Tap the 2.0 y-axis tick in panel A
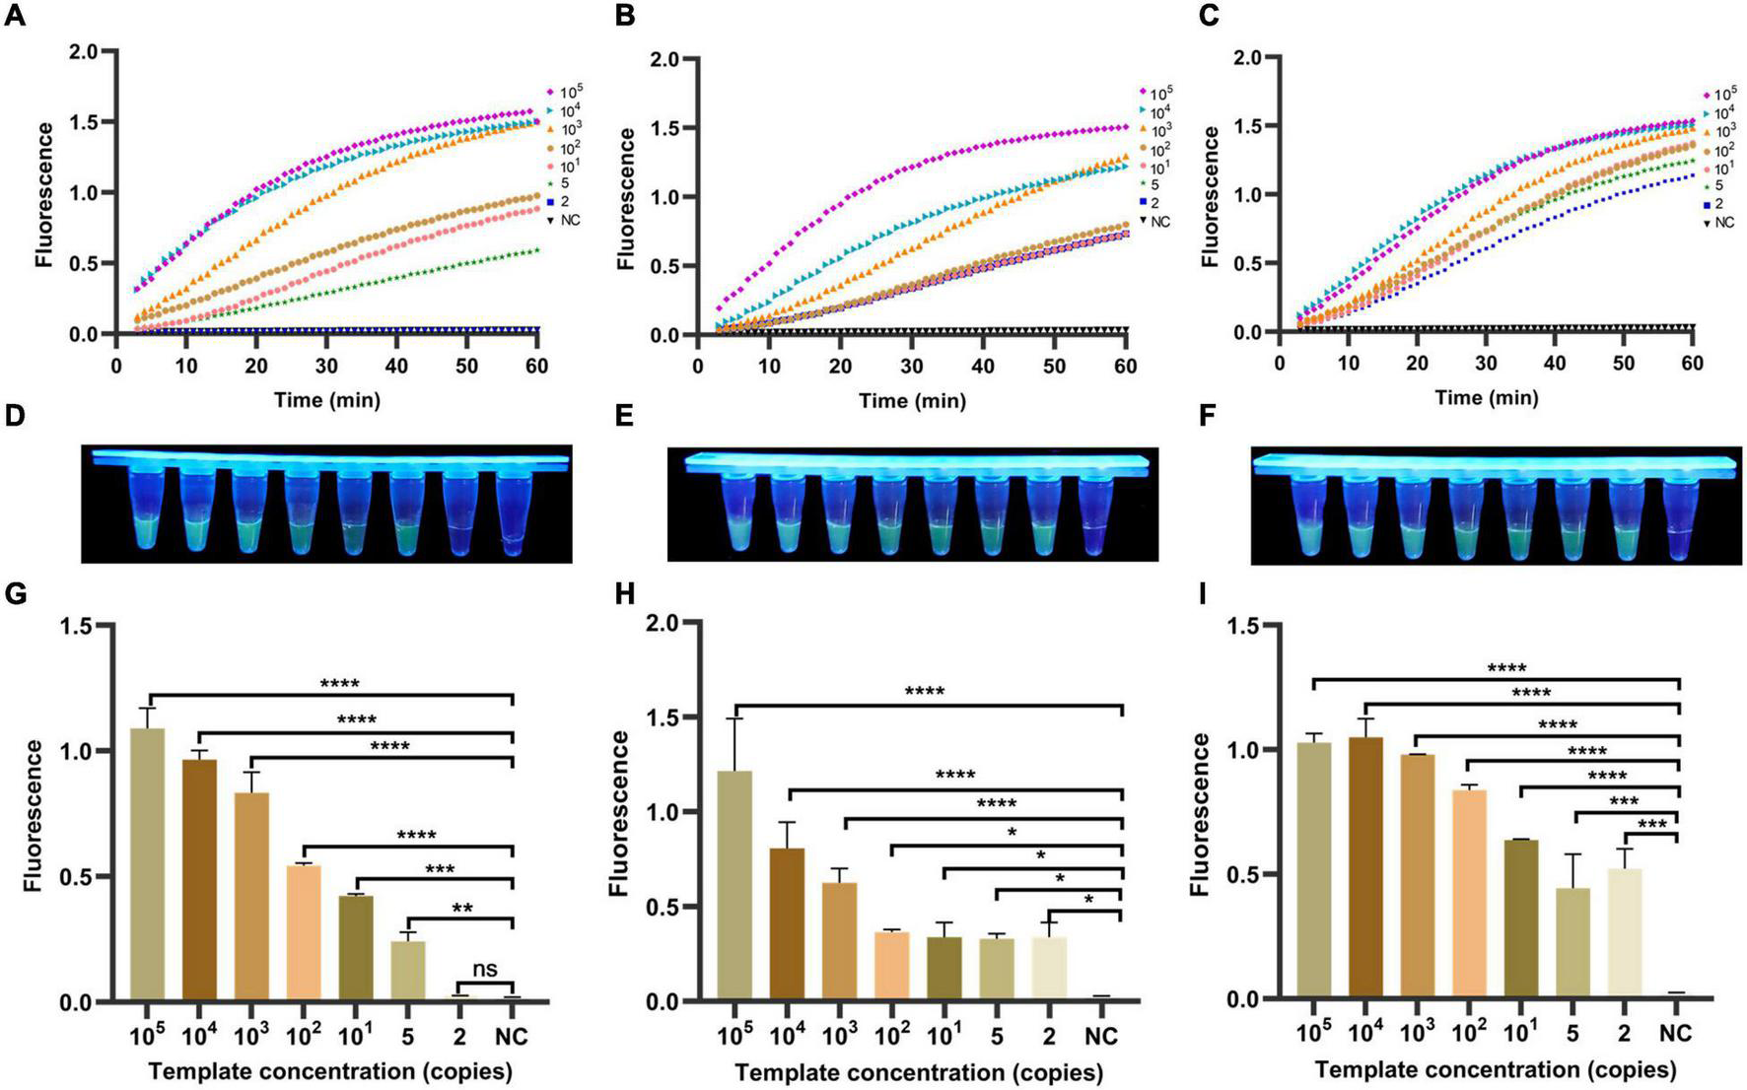86,50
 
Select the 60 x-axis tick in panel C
1692,364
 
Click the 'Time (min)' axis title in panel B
911,400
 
